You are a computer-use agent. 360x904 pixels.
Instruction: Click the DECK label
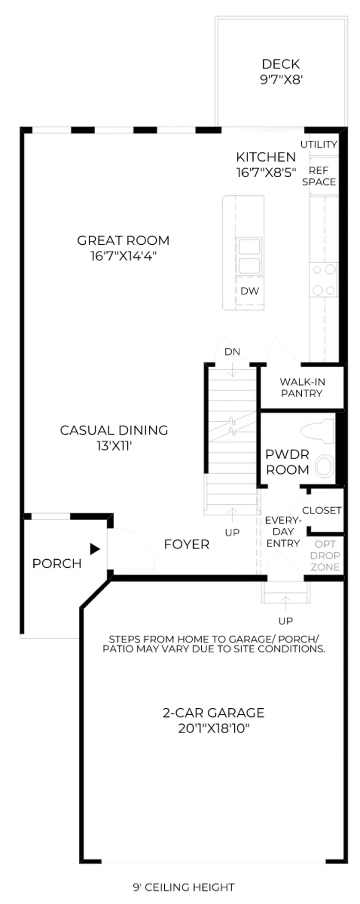[x=281, y=64]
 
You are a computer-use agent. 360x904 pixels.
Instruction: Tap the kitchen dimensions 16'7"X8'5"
[x=266, y=172]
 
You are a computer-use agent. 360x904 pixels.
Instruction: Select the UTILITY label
[x=319, y=144]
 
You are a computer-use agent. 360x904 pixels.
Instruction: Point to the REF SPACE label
[x=319, y=176]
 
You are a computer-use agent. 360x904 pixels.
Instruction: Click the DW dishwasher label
[x=250, y=291]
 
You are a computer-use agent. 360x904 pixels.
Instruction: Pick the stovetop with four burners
[x=324, y=280]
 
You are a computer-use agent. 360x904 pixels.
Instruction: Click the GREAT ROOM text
[x=123, y=240]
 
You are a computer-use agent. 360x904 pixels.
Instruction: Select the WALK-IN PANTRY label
[x=302, y=387]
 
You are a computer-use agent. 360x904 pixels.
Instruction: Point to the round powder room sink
[x=324, y=466]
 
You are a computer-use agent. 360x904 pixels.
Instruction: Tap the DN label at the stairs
[x=232, y=352]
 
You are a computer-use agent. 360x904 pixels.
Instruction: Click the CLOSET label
[x=322, y=510]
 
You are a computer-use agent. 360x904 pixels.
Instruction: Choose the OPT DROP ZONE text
[x=325, y=556]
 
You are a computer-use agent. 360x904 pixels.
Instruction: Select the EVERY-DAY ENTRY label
[x=283, y=532]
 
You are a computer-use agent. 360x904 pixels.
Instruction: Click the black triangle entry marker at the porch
[x=95, y=549]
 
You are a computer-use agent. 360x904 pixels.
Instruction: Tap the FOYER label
[x=187, y=544]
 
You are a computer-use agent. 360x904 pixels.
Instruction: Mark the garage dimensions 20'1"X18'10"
[x=214, y=728]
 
